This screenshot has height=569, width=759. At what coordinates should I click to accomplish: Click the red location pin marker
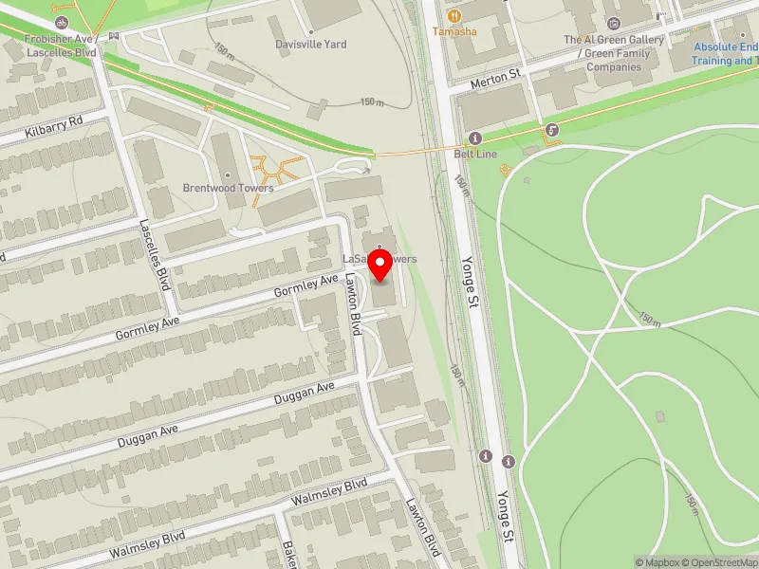point(380,266)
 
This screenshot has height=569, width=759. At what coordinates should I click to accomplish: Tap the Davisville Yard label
point(310,45)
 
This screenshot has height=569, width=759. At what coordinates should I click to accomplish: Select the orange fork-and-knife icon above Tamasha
point(454,15)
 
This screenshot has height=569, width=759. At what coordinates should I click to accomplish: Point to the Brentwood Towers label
point(228,188)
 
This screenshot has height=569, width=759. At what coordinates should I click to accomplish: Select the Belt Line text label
point(475,154)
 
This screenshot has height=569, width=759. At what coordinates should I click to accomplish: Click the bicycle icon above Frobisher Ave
point(62,21)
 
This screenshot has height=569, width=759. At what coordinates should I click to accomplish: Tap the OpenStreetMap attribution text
point(719,562)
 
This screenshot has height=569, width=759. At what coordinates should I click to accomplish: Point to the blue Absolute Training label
point(725,53)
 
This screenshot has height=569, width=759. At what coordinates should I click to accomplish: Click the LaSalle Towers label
point(379,259)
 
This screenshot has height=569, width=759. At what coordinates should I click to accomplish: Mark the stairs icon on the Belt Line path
point(551,130)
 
